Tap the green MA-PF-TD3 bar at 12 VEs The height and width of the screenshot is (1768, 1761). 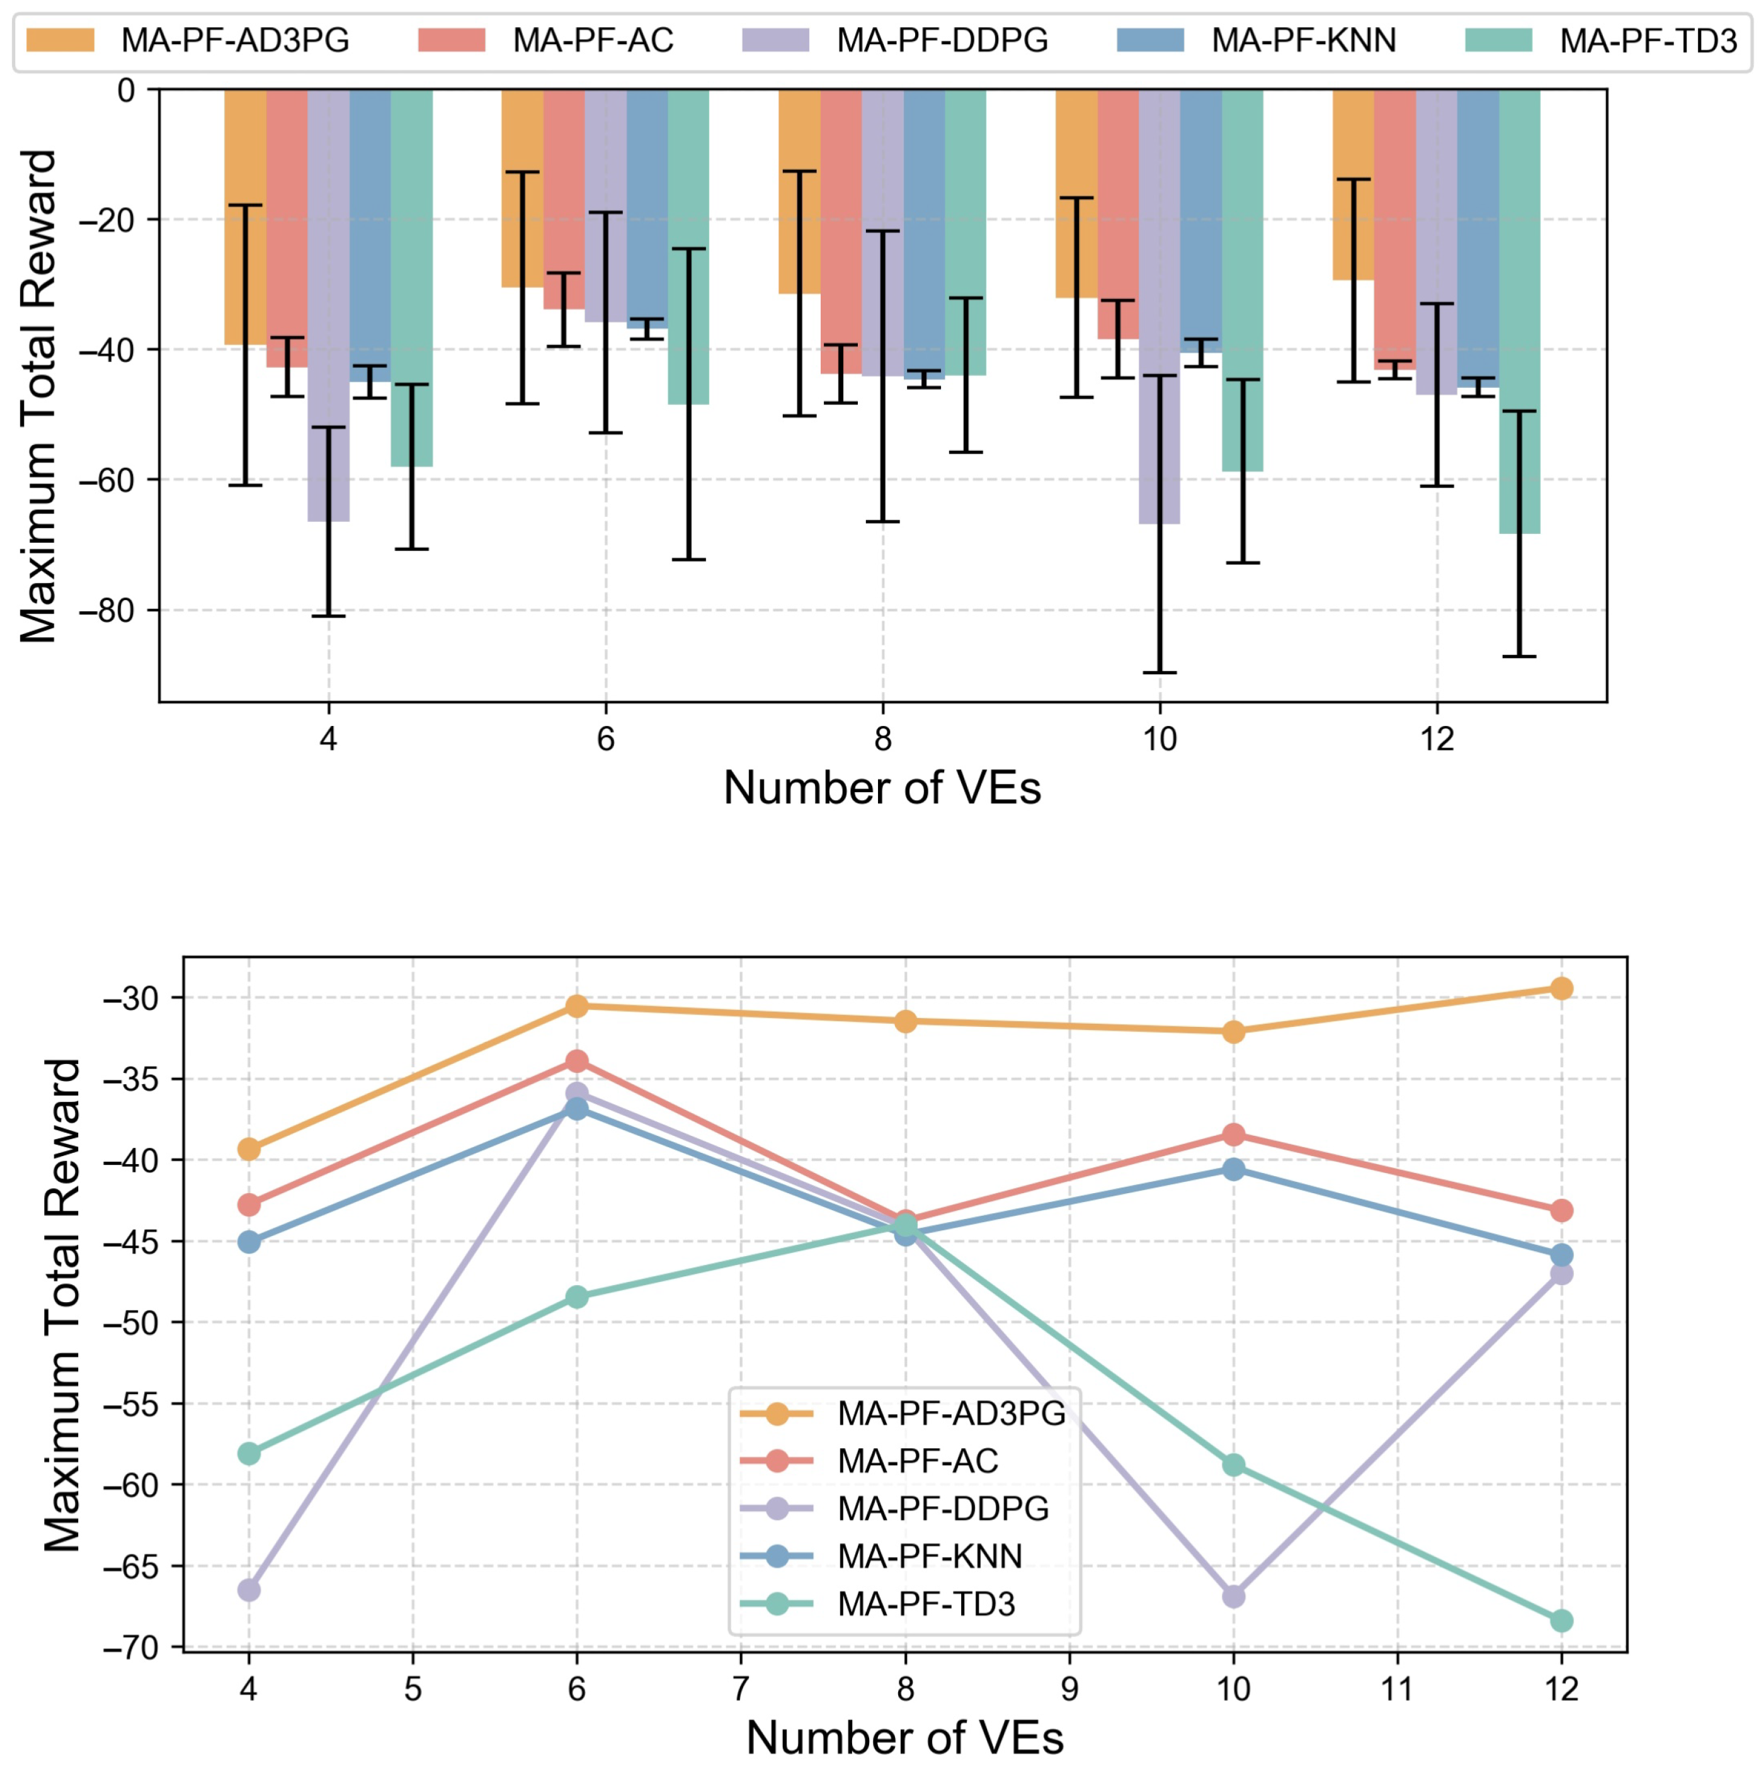coord(1519,311)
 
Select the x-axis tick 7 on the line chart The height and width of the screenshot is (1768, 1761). coord(739,1689)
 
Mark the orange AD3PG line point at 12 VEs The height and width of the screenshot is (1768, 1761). coord(1561,989)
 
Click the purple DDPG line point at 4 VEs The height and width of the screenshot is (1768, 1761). coord(249,1590)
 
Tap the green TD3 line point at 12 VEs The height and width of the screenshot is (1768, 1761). coord(1561,1621)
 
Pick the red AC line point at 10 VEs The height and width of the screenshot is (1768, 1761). coord(1233,1135)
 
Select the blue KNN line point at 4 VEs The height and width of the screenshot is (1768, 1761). coord(249,1242)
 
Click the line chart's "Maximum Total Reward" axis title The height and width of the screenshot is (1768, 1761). coord(62,1305)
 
